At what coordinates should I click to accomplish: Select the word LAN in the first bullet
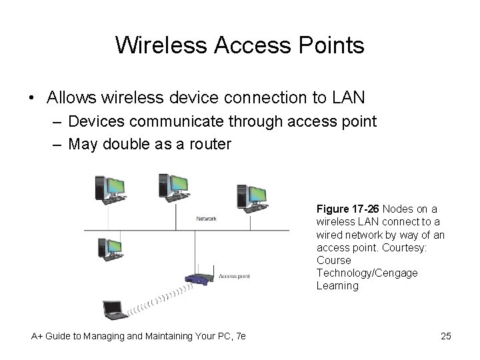348,98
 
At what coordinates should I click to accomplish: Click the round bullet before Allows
33,99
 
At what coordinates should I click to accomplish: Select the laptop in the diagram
113,311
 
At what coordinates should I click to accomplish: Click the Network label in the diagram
205,218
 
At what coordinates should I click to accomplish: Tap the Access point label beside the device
235,276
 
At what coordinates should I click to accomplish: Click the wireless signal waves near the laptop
154,299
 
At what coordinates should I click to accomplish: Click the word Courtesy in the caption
413,247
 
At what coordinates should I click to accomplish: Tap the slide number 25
446,336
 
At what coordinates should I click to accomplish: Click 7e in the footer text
239,336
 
